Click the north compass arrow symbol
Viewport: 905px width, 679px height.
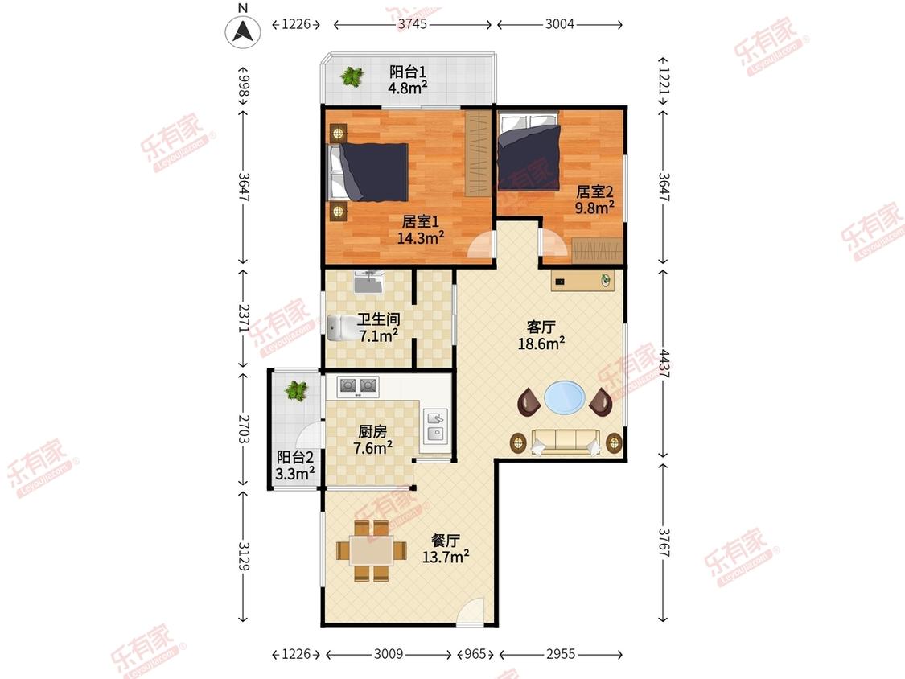pyautogui.click(x=243, y=31)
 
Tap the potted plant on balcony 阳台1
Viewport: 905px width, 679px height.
pyautogui.click(x=352, y=76)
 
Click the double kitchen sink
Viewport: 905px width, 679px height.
pyautogui.click(x=436, y=426)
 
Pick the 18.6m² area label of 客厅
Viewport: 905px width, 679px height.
pyautogui.click(x=541, y=344)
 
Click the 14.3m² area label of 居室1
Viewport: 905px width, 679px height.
pyautogui.click(x=420, y=237)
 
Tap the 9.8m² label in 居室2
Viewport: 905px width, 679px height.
pyautogui.click(x=594, y=208)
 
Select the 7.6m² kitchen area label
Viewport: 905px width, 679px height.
pyautogui.click(x=372, y=447)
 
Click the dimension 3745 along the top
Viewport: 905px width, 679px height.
pyautogui.click(x=412, y=23)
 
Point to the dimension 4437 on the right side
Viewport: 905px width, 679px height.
pyautogui.click(x=663, y=364)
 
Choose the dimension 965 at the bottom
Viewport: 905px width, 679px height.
pyautogui.click(x=475, y=654)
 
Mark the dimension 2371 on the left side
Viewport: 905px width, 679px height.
pyautogui.click(x=244, y=319)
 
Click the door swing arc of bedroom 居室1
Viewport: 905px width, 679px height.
pyautogui.click(x=481, y=245)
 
